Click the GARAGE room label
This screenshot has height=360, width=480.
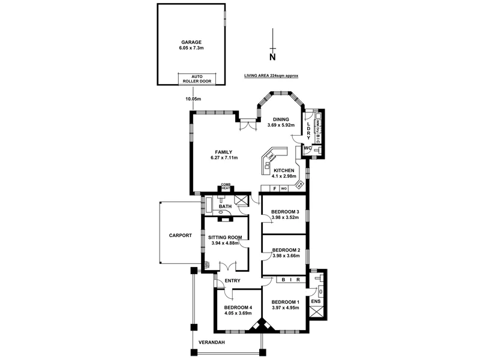point(191,42)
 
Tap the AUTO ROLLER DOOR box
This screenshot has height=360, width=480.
point(197,79)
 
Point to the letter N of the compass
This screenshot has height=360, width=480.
point(272,58)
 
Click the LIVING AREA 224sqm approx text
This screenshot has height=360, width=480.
point(271,76)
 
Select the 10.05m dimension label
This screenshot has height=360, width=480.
point(193,98)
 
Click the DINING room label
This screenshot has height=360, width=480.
point(281,119)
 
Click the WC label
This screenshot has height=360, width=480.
point(307,148)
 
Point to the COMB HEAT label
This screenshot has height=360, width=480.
point(226,187)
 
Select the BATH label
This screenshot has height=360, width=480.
point(225,207)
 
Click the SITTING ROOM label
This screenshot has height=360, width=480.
point(224,237)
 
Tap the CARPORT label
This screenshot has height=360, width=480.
point(180,235)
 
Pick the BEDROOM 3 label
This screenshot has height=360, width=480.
point(286,212)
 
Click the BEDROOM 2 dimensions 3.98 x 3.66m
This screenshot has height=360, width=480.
point(286,256)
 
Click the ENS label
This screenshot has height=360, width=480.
point(316,300)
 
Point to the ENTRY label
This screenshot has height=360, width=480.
point(232,281)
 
